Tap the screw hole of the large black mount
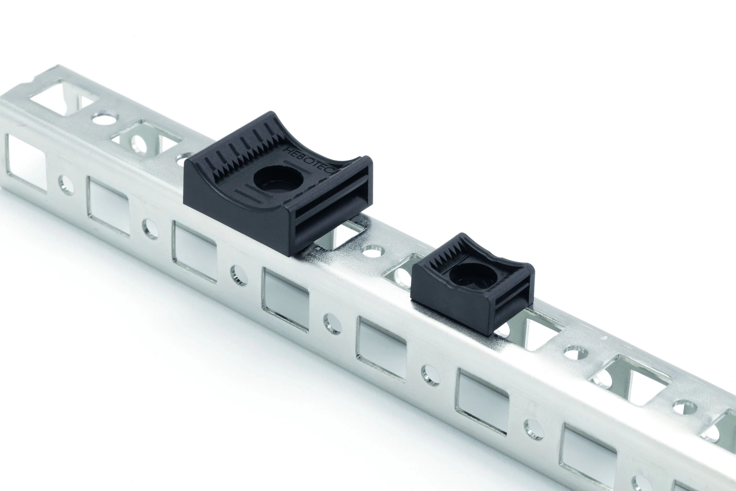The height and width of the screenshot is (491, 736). (279, 182)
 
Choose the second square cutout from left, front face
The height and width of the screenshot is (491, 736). (108, 205)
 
